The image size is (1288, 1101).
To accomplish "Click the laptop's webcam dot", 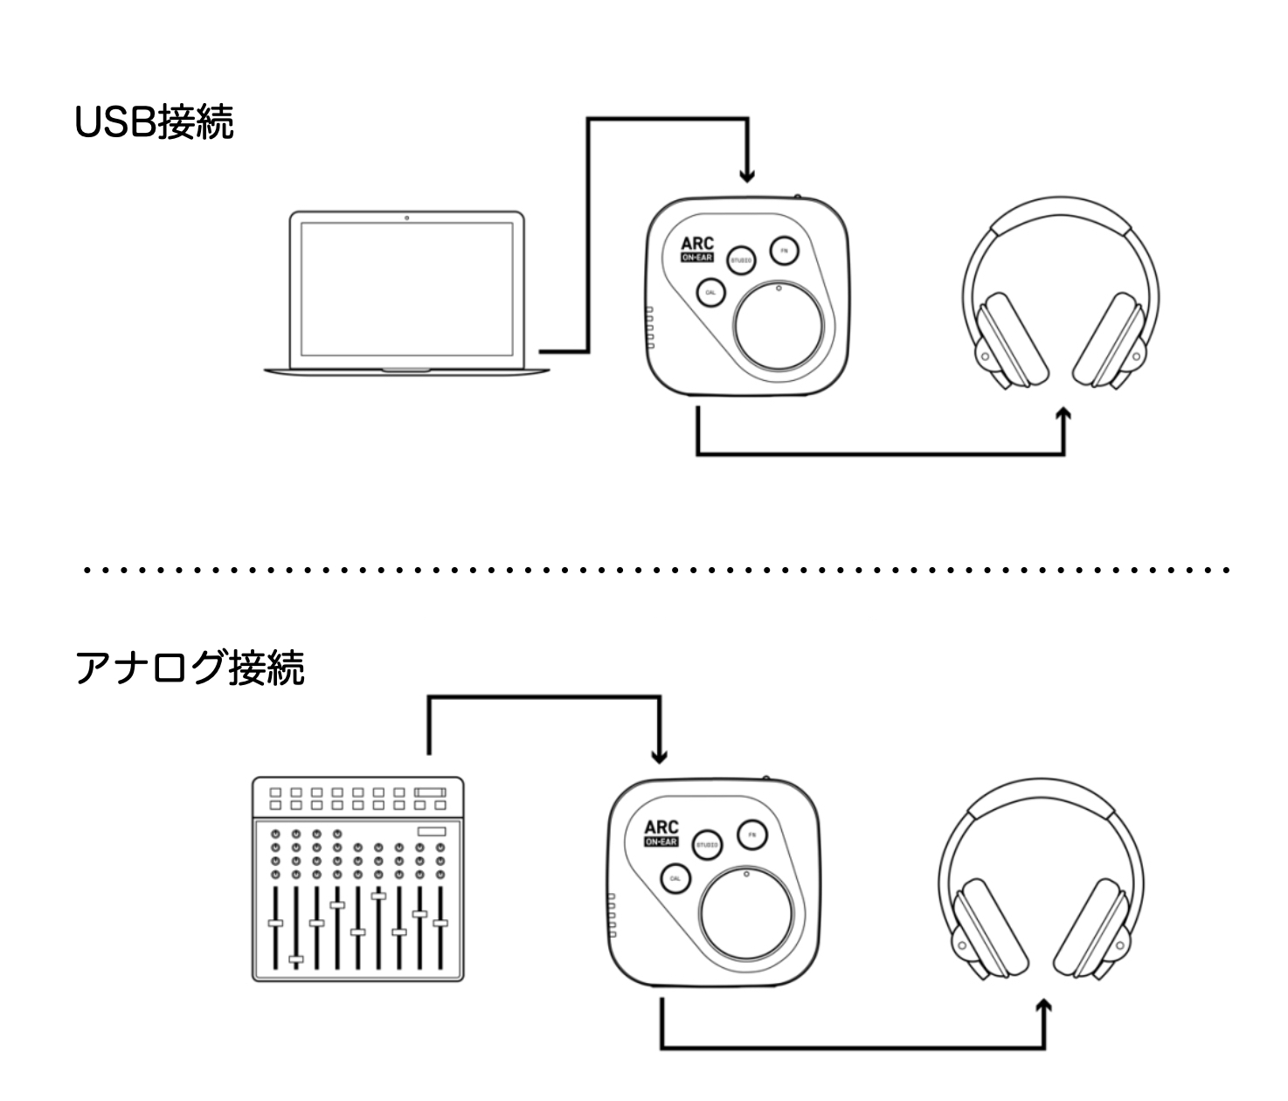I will [407, 216].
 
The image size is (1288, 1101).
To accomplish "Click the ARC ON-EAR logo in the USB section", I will [697, 251].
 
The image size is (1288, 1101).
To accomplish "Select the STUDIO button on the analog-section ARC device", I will [707, 845].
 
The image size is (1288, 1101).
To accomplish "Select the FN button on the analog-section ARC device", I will [751, 834].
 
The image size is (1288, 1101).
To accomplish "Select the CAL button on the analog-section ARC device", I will [674, 878].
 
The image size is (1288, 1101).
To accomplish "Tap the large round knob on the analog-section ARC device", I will [747, 915].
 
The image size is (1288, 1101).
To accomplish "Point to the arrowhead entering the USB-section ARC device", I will [746, 176].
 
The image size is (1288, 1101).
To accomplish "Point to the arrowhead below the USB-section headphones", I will [1063, 415].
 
